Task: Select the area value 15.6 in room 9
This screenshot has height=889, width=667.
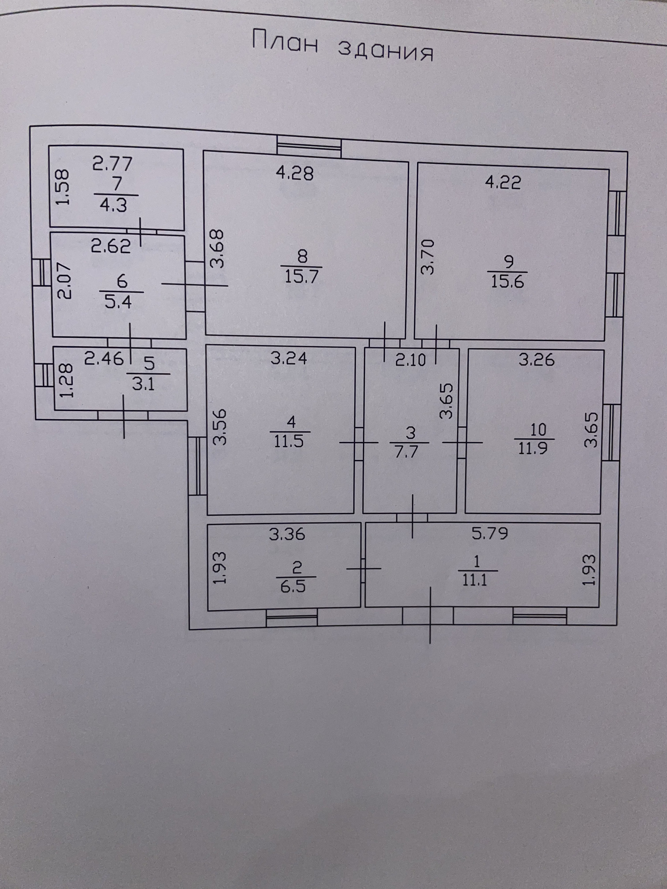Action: (508, 282)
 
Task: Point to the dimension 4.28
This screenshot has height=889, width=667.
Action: (295, 173)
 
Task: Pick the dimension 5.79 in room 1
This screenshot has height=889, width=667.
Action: (490, 533)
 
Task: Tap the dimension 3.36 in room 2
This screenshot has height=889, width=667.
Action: (287, 534)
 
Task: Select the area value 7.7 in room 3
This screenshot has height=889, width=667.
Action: (407, 451)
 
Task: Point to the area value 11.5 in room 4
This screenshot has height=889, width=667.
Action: (289, 442)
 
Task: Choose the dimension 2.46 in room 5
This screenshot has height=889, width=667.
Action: (104, 358)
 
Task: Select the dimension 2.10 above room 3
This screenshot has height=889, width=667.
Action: (410, 360)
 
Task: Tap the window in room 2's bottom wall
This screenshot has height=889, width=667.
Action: (292, 617)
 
